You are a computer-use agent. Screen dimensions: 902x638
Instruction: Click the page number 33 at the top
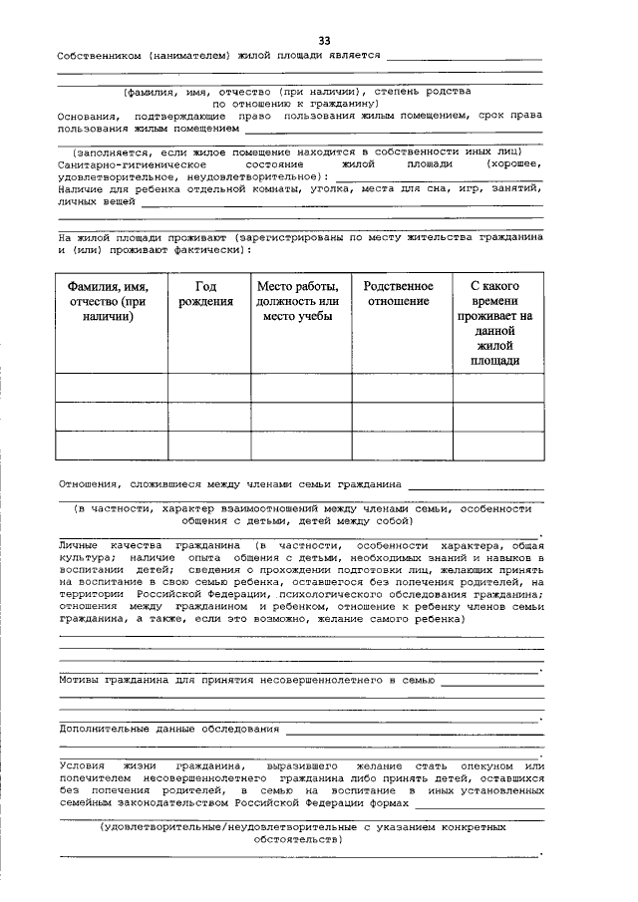(324, 40)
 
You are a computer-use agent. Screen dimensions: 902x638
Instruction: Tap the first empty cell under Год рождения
(207, 387)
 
